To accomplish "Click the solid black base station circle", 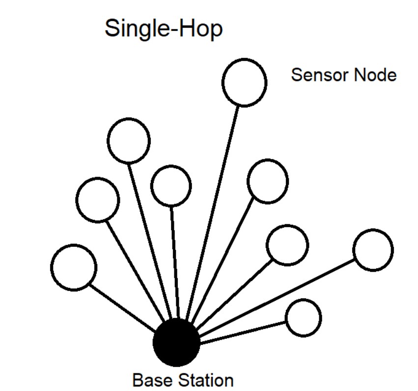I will coord(176,342).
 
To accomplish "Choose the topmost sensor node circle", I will coord(244,82).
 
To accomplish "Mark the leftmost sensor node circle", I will coord(74,267).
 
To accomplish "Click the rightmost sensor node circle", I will coord(373,250).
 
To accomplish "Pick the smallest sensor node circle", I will coord(304,318).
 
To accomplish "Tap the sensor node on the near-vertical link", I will coord(171,185).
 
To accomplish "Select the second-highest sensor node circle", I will coord(129,141).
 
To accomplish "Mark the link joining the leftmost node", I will coord(123,307).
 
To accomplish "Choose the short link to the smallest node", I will coord(243,333).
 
